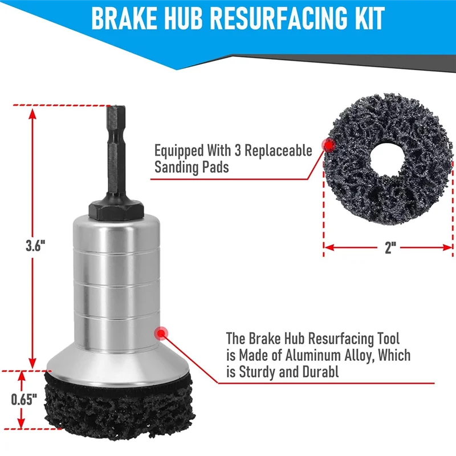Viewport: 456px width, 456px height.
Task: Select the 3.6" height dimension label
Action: [x=35, y=246]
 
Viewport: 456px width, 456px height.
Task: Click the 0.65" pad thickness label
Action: [x=24, y=400]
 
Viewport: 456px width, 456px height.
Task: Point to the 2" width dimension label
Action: [x=390, y=248]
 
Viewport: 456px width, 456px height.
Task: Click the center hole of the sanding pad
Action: [x=388, y=158]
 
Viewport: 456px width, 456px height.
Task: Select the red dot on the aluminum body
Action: [x=161, y=333]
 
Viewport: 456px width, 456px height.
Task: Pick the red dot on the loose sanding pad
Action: [x=329, y=145]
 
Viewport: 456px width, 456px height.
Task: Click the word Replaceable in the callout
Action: [x=278, y=150]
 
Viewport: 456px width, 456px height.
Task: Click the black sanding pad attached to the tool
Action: [x=118, y=404]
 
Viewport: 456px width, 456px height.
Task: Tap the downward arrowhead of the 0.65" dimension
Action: [x=21, y=422]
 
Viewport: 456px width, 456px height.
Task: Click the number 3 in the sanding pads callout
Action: [x=237, y=150]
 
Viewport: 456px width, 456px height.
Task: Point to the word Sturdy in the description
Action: [x=257, y=372]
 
